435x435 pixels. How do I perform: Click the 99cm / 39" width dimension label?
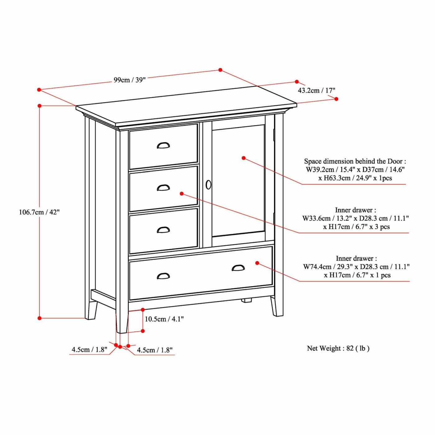[x=129, y=80]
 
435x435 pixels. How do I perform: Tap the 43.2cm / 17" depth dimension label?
[x=316, y=90]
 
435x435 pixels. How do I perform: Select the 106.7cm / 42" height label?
[x=39, y=212]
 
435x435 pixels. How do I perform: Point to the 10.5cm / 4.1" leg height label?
[x=164, y=319]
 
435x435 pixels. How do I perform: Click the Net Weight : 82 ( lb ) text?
[x=338, y=348]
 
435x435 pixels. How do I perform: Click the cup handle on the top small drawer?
[x=163, y=145]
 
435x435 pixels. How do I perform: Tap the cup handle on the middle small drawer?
[x=163, y=188]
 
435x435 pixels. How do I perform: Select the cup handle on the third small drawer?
[x=163, y=230]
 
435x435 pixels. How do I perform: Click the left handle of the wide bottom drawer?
[x=163, y=276]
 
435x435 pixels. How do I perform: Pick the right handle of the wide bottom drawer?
[x=238, y=268]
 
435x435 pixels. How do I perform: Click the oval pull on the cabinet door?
[x=208, y=185]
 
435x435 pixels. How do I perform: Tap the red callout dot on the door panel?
[x=244, y=158]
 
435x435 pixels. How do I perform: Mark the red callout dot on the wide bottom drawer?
[x=257, y=263]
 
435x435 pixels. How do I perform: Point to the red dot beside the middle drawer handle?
[x=182, y=194]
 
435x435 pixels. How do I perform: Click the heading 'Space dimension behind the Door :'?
[x=355, y=161]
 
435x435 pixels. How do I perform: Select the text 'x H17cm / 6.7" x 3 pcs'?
[x=356, y=227]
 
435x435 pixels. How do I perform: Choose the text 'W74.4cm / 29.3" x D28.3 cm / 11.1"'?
[x=356, y=267]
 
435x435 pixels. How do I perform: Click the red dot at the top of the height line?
[x=39, y=106]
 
